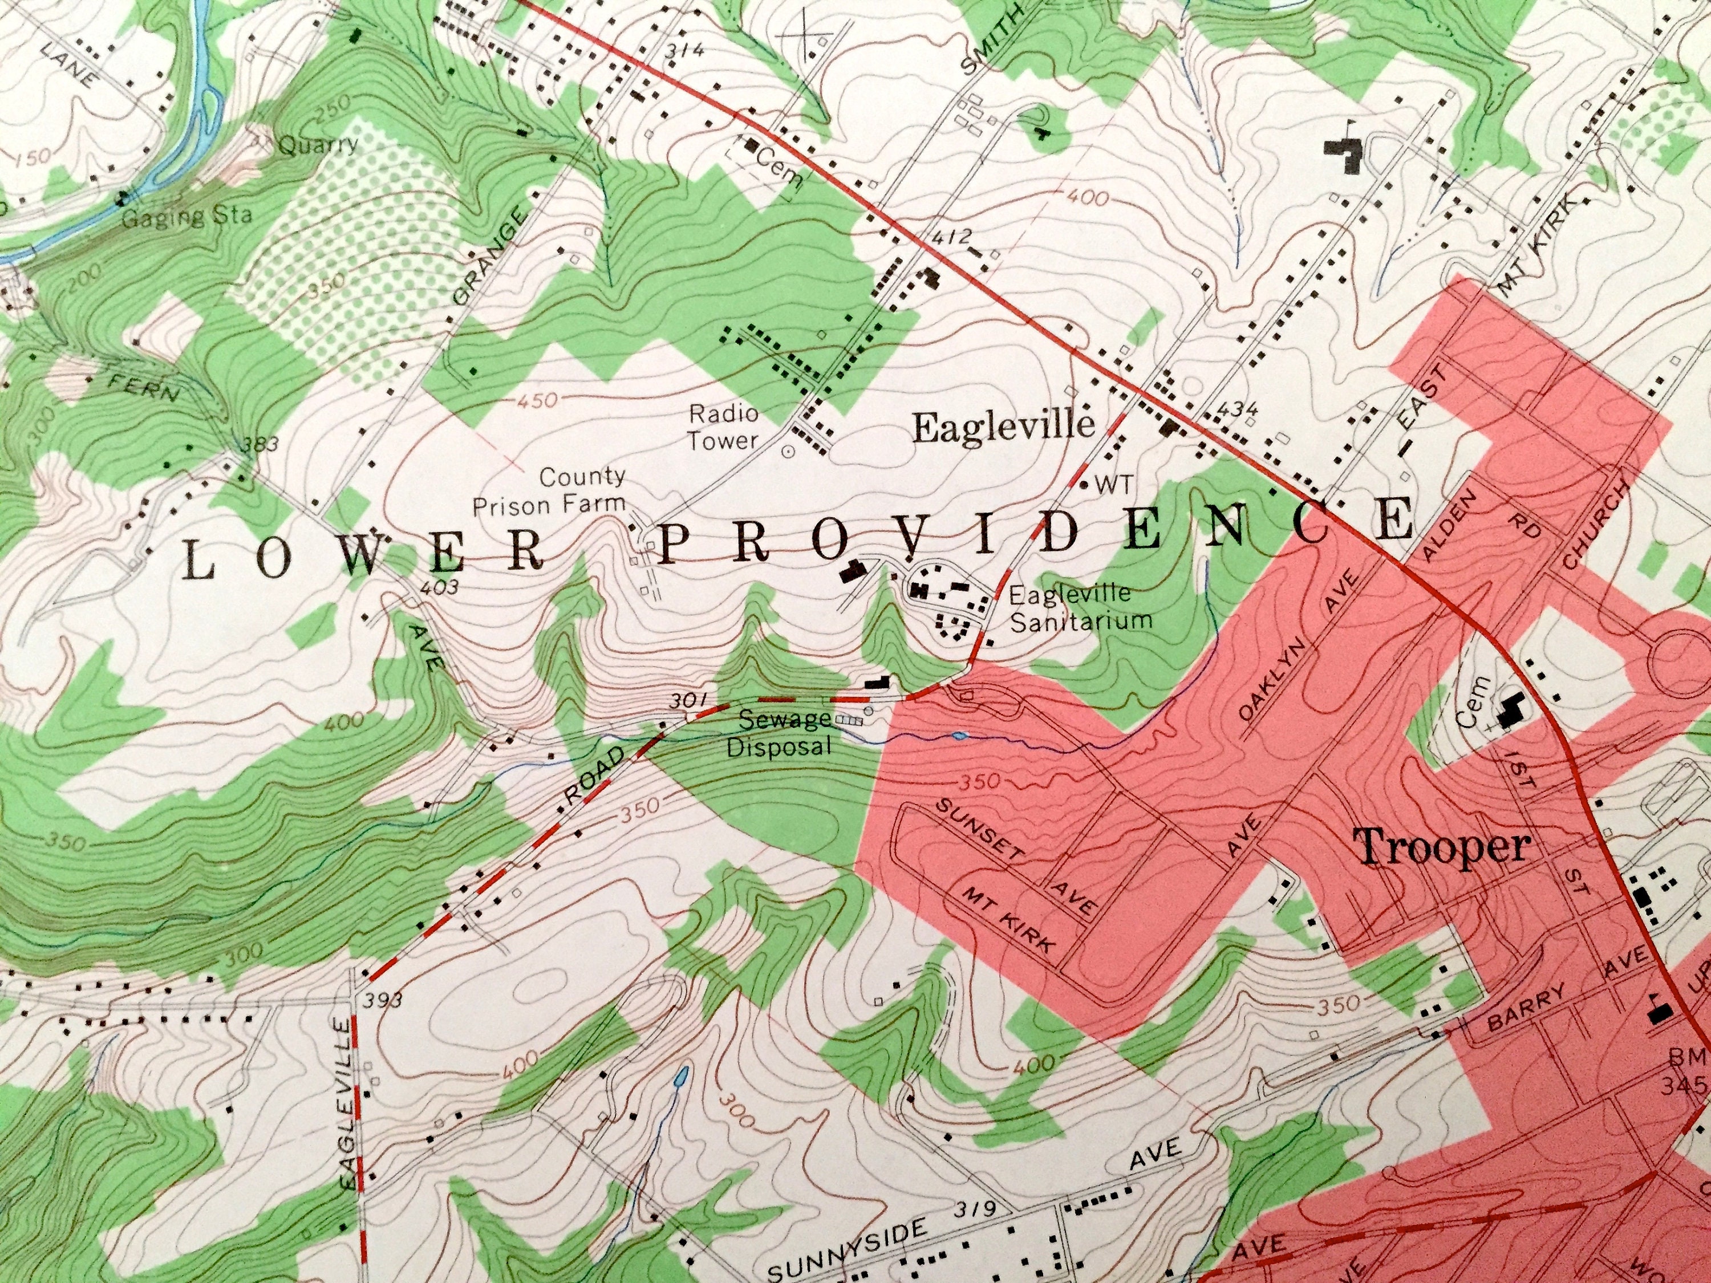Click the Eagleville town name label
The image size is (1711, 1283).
[x=1004, y=427]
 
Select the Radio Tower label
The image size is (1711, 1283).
[x=724, y=427]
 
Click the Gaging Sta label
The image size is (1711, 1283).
[x=187, y=215]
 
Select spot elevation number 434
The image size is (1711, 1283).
[x=1236, y=409]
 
